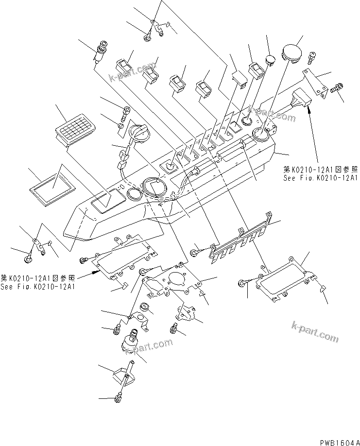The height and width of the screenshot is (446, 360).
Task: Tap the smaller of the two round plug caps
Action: tap(270, 60)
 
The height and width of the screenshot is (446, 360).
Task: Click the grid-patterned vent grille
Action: tap(76, 130)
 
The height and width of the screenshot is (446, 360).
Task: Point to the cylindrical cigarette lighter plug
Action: tap(100, 51)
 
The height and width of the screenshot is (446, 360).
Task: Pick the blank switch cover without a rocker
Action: tap(238, 78)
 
